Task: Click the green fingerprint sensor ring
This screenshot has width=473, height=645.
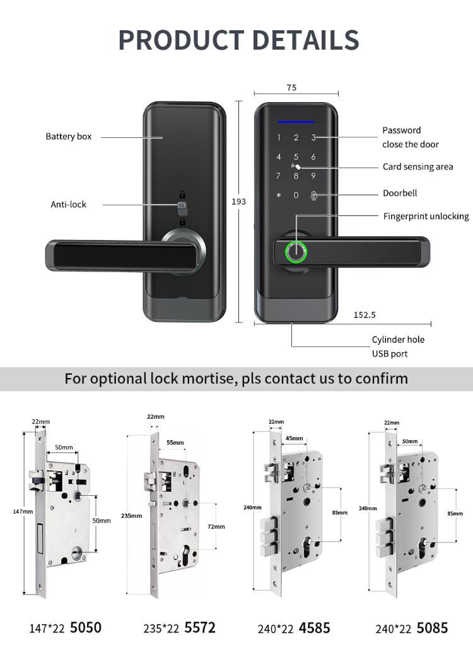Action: click(295, 252)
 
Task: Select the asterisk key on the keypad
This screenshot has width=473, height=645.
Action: click(278, 195)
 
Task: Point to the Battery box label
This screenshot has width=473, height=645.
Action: click(68, 137)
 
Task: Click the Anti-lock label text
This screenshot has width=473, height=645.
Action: click(68, 204)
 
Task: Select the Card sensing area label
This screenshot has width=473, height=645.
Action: click(418, 167)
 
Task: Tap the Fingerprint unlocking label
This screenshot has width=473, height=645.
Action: click(426, 216)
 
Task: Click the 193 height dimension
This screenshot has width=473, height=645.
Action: click(239, 202)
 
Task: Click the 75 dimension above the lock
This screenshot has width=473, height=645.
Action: click(291, 88)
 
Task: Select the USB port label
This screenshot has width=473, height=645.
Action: click(390, 354)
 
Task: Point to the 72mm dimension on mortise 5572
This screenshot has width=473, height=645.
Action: click(216, 526)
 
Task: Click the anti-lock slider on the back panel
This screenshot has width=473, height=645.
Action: click(182, 207)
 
